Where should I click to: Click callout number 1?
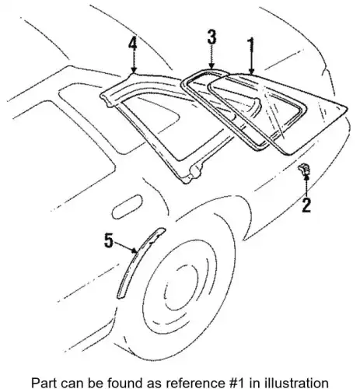point(251,46)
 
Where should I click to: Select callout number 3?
point(212,37)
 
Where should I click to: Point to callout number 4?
point(133,44)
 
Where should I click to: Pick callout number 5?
point(109,240)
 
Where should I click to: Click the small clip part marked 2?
point(304,169)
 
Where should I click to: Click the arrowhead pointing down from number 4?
point(134,70)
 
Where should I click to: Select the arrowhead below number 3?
point(211,66)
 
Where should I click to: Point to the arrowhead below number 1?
point(251,71)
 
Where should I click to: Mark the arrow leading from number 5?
point(125,247)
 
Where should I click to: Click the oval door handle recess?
point(127,205)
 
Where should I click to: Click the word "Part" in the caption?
point(41,383)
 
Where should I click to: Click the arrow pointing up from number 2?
point(306,186)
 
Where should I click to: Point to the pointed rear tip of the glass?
point(347,107)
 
